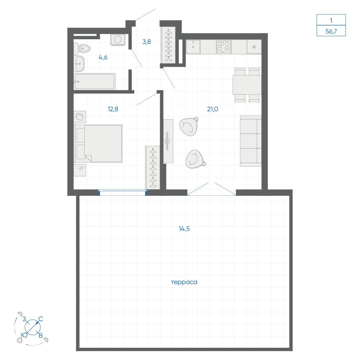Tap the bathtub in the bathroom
[94, 81]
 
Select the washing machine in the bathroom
[118, 40]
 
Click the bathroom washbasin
[80, 64]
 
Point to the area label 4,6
[103, 57]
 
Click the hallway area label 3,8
[147, 42]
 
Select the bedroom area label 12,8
[113, 109]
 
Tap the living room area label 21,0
[213, 109]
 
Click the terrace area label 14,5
[184, 229]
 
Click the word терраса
[184, 282]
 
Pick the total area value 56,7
[331, 31]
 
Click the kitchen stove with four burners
[224, 47]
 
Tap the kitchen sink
[193, 47]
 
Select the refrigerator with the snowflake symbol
[254, 47]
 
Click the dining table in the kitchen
[247, 85]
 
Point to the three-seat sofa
[251, 141]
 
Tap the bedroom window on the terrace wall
[123, 193]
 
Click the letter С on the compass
[41, 319]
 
